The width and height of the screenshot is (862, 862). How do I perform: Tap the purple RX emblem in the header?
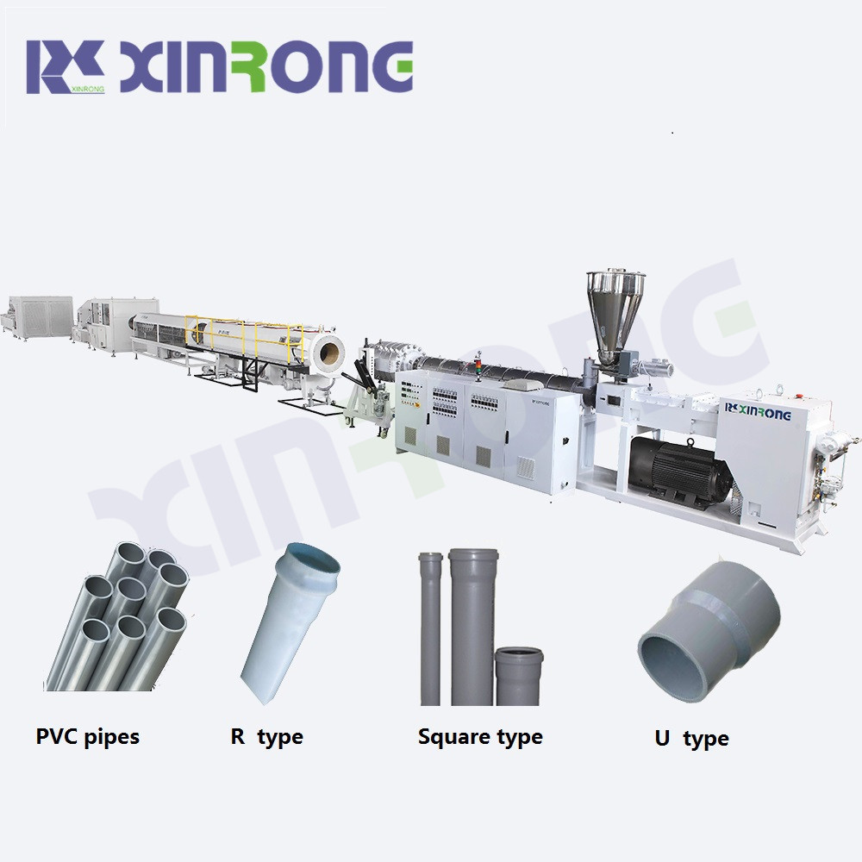(x=66, y=66)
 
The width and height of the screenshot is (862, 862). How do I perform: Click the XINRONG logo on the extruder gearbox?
(x=758, y=410)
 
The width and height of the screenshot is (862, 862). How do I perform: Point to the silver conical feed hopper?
(x=615, y=315)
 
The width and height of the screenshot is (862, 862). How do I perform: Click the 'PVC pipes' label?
(x=87, y=737)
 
